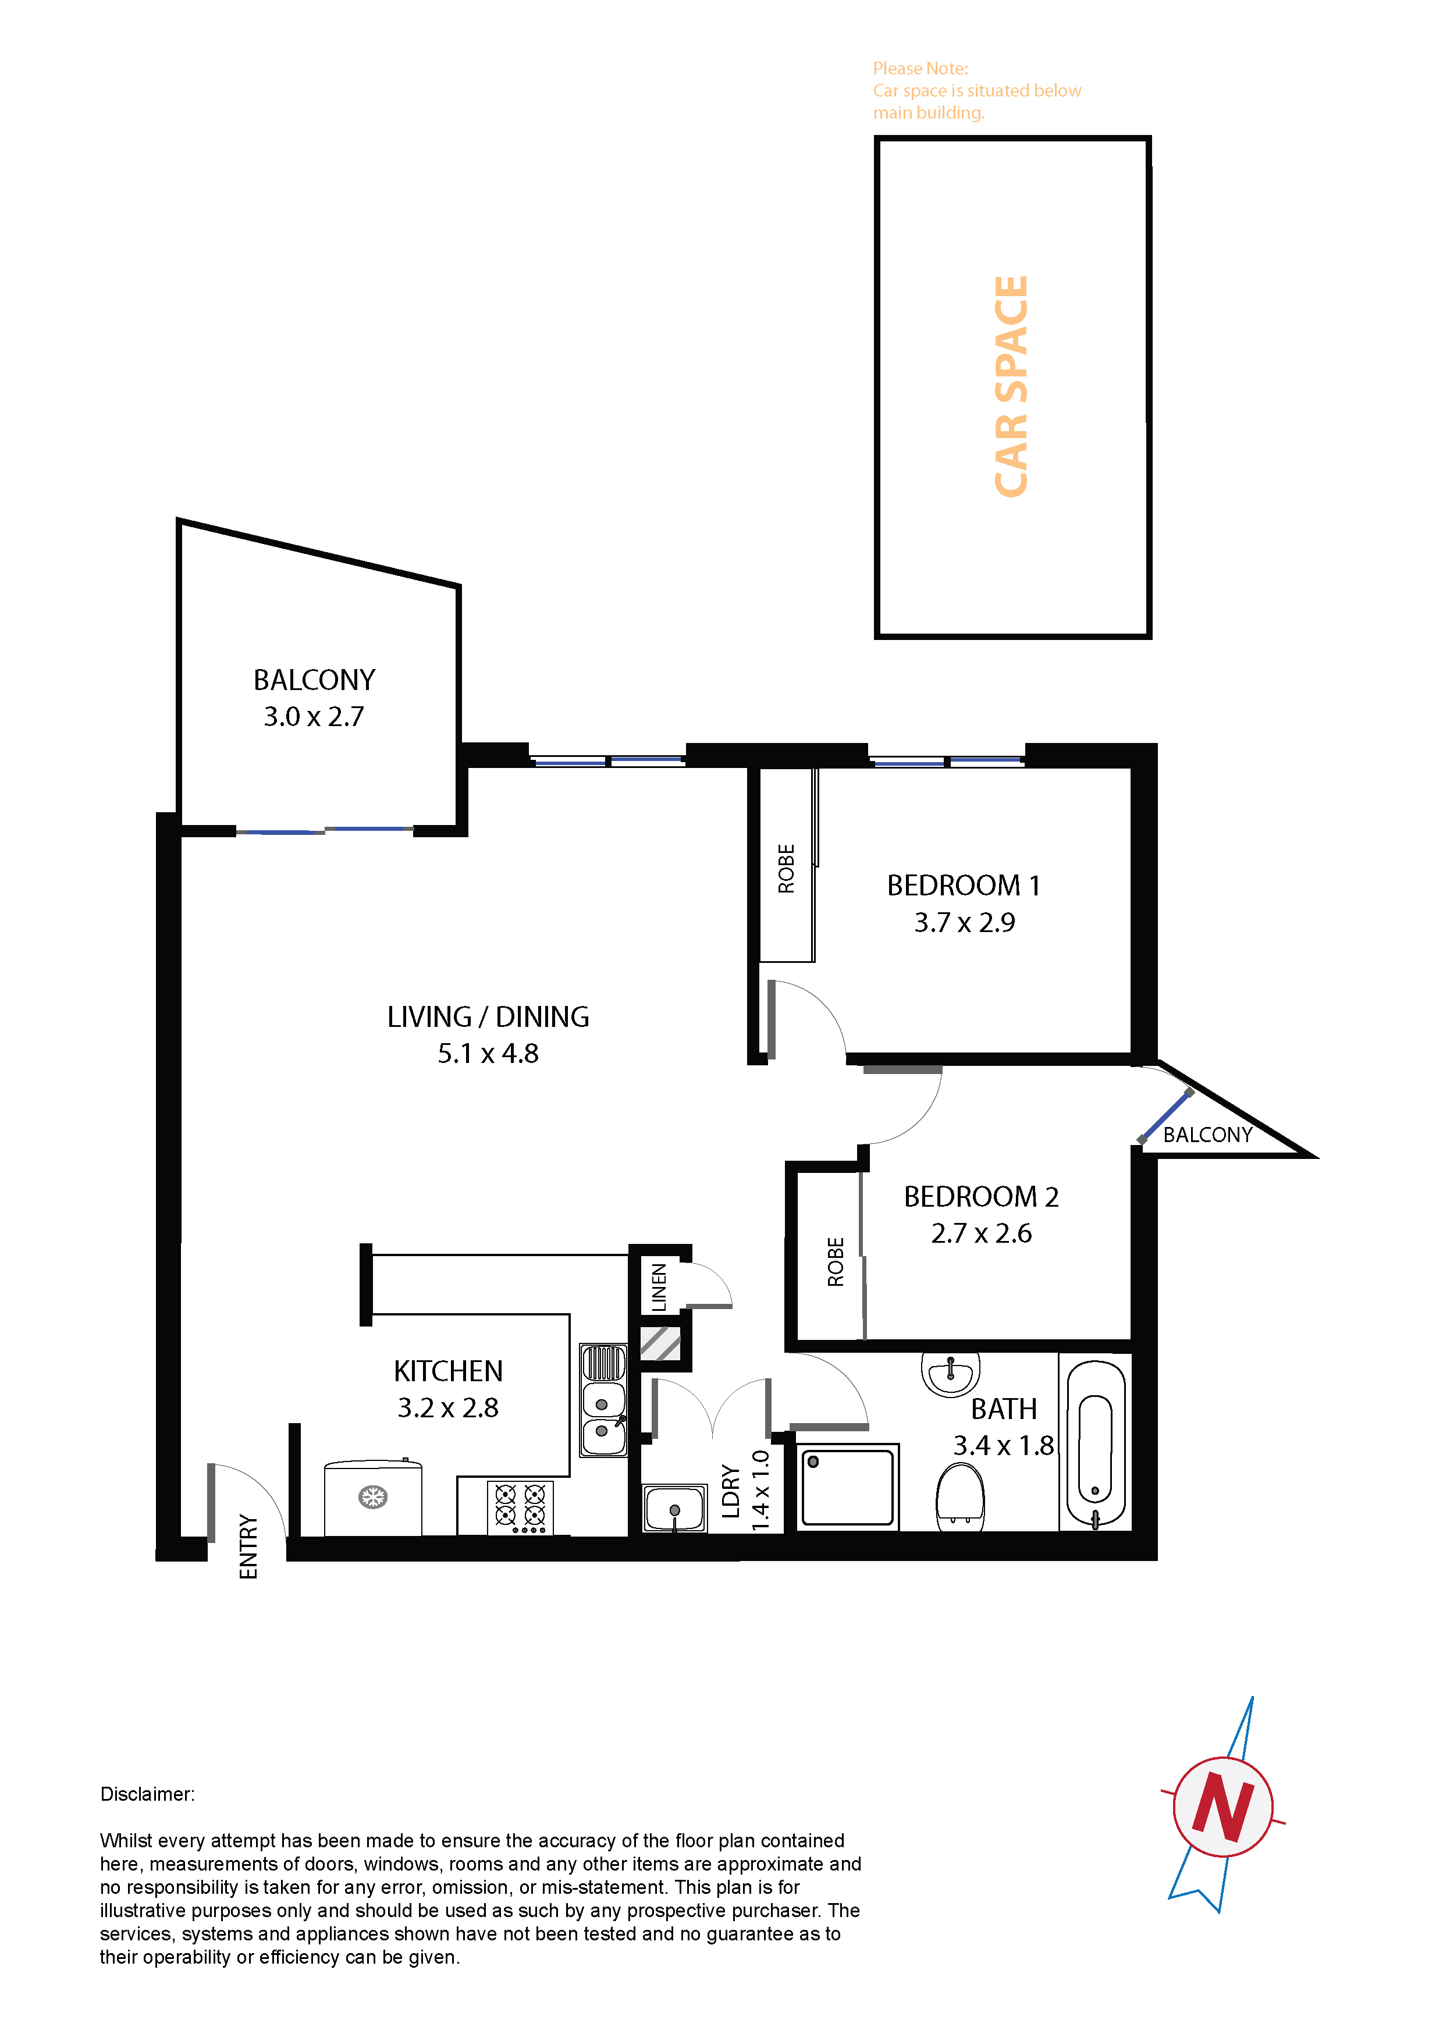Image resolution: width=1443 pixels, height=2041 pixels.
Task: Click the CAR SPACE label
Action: [x=1011, y=387]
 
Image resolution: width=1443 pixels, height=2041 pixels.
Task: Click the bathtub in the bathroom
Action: [x=1096, y=1445]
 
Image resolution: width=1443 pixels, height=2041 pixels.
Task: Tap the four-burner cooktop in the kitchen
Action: [x=520, y=1507]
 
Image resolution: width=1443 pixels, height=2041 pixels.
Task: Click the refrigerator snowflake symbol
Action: [x=372, y=1497]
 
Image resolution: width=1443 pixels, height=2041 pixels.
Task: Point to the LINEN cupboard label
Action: [x=659, y=1287]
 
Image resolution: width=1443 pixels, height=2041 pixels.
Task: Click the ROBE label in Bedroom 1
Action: [x=786, y=869]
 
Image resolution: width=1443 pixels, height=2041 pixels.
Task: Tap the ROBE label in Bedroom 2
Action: [x=835, y=1261]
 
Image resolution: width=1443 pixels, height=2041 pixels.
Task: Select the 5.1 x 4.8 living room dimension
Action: [x=488, y=1054]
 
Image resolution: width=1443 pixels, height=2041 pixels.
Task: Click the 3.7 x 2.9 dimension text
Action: [x=965, y=923]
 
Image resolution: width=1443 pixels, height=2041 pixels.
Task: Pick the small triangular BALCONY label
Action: [x=1207, y=1135]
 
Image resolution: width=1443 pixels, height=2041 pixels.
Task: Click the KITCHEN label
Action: [x=448, y=1372]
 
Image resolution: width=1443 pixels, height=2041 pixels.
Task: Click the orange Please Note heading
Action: [x=920, y=69]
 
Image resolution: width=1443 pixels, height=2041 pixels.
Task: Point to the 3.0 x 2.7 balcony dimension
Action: [x=314, y=716]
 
